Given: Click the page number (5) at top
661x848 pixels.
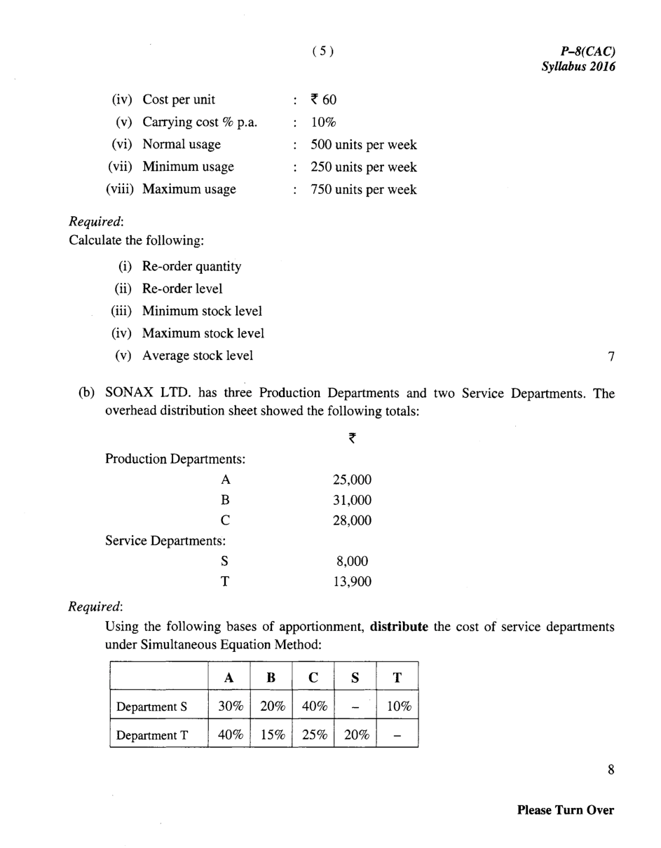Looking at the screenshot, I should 322,51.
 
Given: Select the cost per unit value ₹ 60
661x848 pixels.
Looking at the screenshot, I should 324,99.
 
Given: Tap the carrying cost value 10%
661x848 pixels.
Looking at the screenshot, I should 324,122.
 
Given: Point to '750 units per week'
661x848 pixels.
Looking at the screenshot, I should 364,189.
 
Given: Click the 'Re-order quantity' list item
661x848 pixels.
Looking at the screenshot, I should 191,266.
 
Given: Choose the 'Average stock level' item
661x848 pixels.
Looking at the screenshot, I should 198,355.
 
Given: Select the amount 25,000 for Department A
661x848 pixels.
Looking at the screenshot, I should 352,480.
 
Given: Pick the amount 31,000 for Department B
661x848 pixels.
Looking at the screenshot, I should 352,500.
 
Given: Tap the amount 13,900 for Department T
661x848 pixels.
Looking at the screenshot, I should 352,581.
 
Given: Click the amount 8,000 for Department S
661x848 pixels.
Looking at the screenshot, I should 355,561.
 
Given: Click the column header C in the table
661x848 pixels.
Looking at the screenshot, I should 313,677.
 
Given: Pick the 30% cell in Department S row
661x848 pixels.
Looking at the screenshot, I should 230,707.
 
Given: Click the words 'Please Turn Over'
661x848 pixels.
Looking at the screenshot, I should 565,810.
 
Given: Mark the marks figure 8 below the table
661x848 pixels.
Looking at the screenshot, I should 611,770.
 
